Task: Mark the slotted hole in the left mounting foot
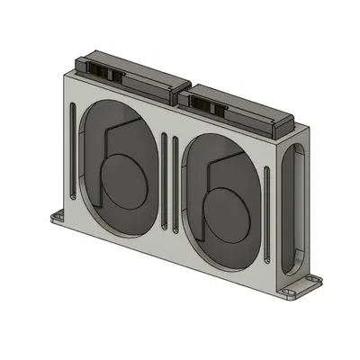coord(58,217)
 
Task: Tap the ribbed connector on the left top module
coord(103,71)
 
